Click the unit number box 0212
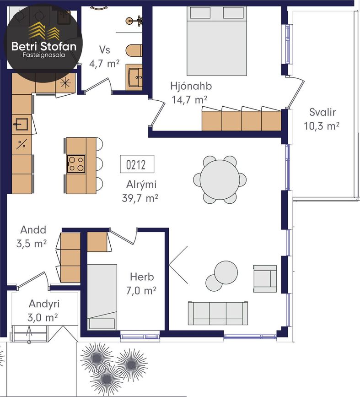click(x=137, y=164)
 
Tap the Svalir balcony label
click(x=322, y=112)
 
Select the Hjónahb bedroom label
click(x=191, y=86)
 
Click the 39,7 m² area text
click(x=140, y=198)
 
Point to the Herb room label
click(x=142, y=277)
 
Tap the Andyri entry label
click(x=44, y=304)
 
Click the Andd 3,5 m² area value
click(x=32, y=244)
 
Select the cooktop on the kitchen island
click(x=76, y=164)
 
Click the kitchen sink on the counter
click(x=21, y=124)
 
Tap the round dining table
click(x=220, y=180)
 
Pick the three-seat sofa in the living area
click(x=218, y=313)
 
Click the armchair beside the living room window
click(x=265, y=279)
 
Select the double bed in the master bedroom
click(x=217, y=41)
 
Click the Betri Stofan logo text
click(x=44, y=47)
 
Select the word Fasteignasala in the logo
click(x=44, y=54)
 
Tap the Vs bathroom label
click(x=105, y=49)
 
